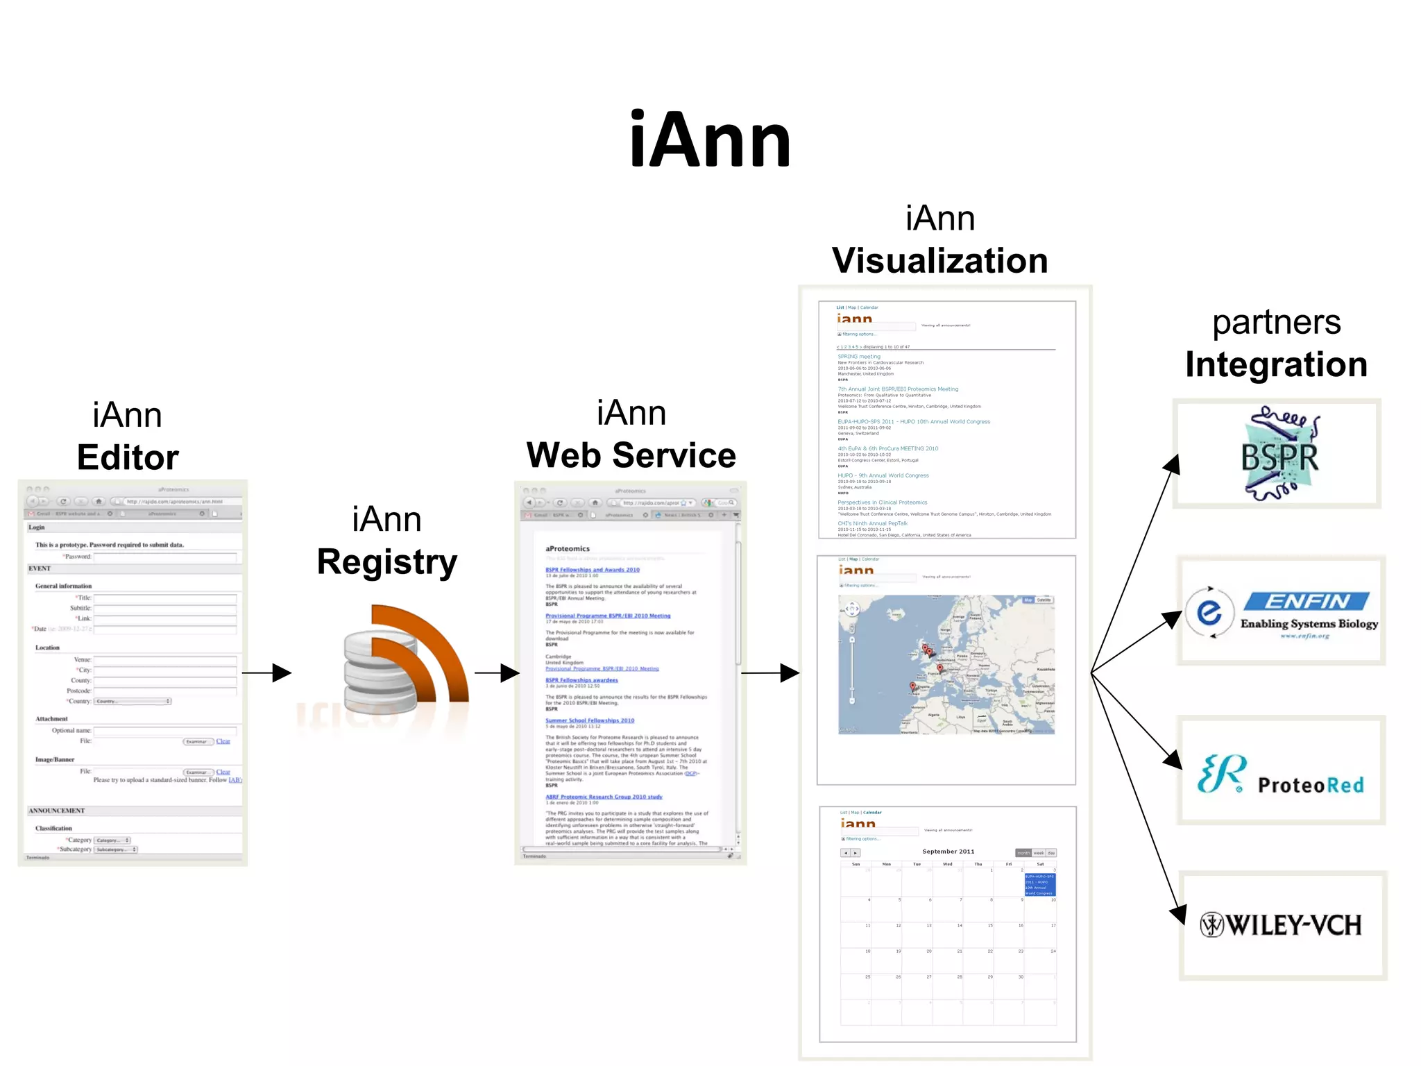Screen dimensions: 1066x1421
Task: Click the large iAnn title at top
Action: pyautogui.click(x=709, y=141)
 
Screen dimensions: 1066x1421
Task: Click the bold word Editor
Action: pyautogui.click(x=128, y=457)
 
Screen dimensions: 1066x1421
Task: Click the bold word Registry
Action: pyautogui.click(x=386, y=561)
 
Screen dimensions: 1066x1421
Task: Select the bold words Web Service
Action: pyautogui.click(x=631, y=455)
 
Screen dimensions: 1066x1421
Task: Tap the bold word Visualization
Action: pyautogui.click(x=939, y=261)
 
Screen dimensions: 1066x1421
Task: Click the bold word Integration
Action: pyautogui.click(x=1276, y=364)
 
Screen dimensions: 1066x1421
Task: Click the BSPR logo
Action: pyautogui.click(x=1278, y=455)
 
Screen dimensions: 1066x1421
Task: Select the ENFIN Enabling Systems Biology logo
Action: pyautogui.click(x=1281, y=611)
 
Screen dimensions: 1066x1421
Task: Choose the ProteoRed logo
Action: pyautogui.click(x=1281, y=772)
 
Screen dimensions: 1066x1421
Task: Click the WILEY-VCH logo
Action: pyautogui.click(x=1281, y=925)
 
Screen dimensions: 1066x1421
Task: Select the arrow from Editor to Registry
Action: pyautogui.click(x=267, y=672)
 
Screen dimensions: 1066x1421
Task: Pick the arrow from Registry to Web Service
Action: pyautogui.click(x=497, y=672)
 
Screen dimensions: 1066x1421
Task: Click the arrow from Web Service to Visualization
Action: pyautogui.click(x=770, y=672)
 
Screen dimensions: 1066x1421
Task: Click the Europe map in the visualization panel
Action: pyautogui.click(x=946, y=664)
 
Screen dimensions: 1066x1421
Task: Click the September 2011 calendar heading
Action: pyautogui.click(x=948, y=852)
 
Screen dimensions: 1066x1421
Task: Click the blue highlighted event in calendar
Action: pyautogui.click(x=1039, y=884)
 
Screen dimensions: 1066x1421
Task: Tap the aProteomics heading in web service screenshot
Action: pyautogui.click(x=568, y=548)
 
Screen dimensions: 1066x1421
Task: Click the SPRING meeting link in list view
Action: pyautogui.click(x=858, y=356)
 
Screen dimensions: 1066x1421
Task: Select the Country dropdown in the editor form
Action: pyautogui.click(x=133, y=701)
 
